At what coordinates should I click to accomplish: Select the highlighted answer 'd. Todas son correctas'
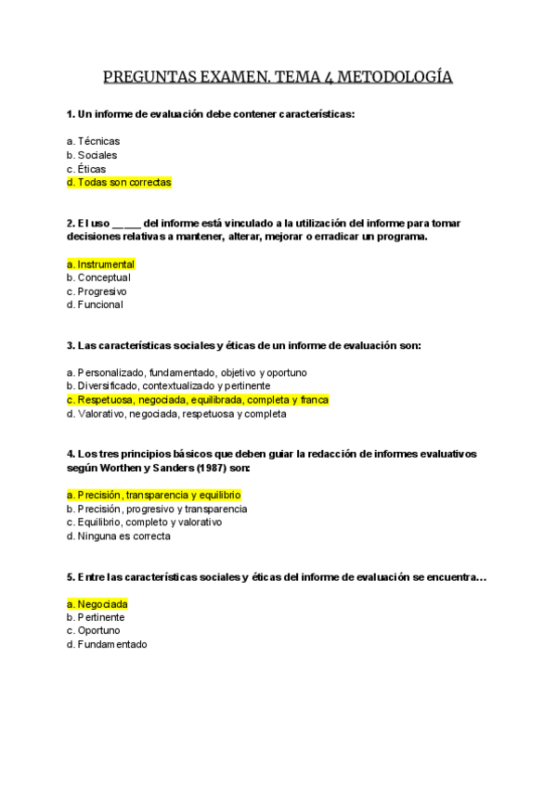[119, 183]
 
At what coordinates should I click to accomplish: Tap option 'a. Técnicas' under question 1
[93, 141]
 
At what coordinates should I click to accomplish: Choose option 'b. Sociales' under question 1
[93, 155]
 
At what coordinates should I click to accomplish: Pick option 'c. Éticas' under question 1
[86, 169]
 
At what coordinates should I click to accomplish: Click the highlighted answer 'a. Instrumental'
[100, 264]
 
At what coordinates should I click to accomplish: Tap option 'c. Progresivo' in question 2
[97, 291]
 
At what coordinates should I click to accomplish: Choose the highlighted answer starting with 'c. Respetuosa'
[198, 400]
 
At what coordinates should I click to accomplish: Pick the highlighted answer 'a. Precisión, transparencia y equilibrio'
[153, 496]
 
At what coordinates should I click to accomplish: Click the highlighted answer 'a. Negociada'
[97, 604]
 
